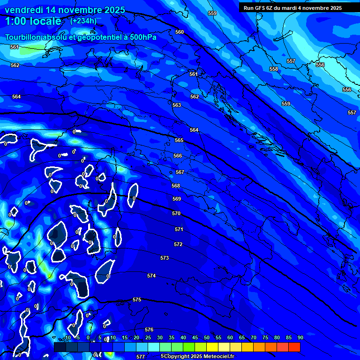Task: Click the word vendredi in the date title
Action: click(23, 10)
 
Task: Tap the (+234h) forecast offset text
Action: click(83, 21)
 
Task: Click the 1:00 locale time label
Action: click(33, 21)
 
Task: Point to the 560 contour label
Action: click(180, 32)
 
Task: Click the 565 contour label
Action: click(179, 140)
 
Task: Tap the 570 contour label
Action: click(176, 213)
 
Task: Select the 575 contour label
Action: click(137, 300)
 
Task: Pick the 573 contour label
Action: click(165, 258)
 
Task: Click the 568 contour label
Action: click(176, 186)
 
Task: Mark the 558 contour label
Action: click(274, 69)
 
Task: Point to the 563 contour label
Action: click(177, 105)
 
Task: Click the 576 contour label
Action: click(149, 330)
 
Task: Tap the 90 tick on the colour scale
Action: click(300, 338)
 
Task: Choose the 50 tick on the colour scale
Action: click(207, 338)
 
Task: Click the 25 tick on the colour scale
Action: click(148, 338)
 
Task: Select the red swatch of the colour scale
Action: click(294, 347)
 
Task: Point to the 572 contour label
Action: click(178, 244)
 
